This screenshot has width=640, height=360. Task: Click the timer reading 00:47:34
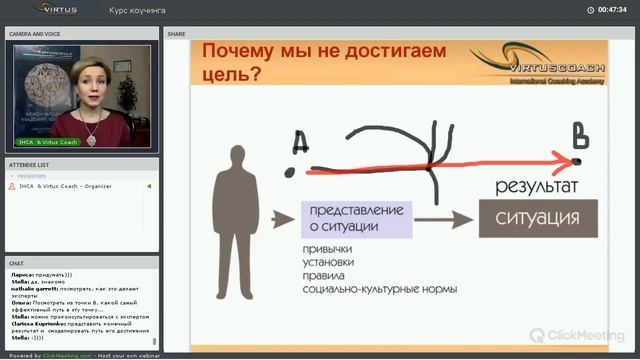coord(612,10)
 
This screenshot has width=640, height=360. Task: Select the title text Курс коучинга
coord(137,10)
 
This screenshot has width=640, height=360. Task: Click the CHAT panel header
coord(17,263)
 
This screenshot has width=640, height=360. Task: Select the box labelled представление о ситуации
coord(356,219)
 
